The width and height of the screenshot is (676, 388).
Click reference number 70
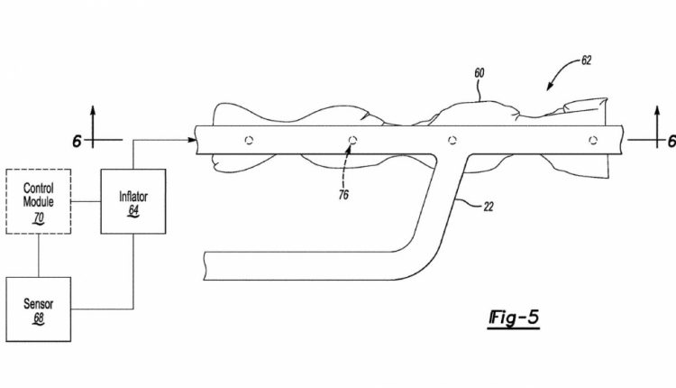[x=39, y=218]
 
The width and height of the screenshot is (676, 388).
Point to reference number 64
[x=133, y=210]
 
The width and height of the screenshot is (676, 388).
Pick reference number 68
[x=39, y=319]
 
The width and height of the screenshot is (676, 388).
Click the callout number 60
[x=480, y=73]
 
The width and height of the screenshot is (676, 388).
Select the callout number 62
[x=587, y=60]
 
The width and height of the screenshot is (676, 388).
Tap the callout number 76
[x=343, y=195]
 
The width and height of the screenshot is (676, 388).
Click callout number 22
[x=488, y=208]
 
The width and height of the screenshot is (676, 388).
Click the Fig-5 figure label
[x=514, y=319]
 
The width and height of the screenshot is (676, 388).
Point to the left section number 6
[x=77, y=141]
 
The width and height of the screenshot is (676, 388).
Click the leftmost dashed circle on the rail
[x=249, y=140]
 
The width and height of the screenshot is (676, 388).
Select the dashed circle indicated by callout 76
[x=352, y=140]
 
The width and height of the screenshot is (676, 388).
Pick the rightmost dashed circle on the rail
[x=593, y=140]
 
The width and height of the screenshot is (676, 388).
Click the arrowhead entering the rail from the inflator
[x=191, y=140]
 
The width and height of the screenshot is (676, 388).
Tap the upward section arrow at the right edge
[x=657, y=127]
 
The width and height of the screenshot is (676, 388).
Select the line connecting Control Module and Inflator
[x=86, y=201]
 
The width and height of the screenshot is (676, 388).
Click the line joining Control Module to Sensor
[x=39, y=255]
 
